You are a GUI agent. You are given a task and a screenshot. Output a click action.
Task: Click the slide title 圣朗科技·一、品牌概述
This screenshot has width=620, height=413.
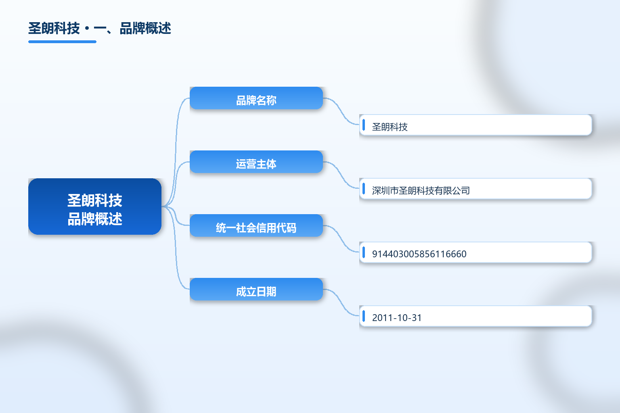pyautogui.click(x=100, y=28)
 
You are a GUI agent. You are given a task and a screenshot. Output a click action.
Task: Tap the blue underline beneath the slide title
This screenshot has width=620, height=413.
pyautogui.click(x=62, y=42)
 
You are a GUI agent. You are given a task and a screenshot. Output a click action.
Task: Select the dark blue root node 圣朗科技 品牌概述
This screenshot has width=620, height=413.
pyautogui.click(x=95, y=206)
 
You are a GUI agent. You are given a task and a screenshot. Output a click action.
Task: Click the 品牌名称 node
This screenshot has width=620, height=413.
pyautogui.click(x=256, y=98)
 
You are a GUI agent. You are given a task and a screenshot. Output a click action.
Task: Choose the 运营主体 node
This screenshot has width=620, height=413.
pyautogui.click(x=256, y=162)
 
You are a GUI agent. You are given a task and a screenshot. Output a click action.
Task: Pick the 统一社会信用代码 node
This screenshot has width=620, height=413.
pyautogui.click(x=256, y=225)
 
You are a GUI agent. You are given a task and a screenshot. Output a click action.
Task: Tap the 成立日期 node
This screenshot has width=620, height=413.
pyautogui.click(x=256, y=289)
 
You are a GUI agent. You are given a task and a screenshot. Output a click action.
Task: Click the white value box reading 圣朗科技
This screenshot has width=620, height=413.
pyautogui.click(x=475, y=125)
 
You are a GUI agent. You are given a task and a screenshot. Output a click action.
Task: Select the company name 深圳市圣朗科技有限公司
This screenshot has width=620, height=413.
pyautogui.click(x=421, y=191)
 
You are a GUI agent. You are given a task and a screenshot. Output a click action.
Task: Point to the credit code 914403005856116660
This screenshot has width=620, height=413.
pyautogui.click(x=419, y=254)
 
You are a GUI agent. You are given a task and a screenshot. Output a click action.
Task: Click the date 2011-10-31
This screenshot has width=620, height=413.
pyautogui.click(x=397, y=317)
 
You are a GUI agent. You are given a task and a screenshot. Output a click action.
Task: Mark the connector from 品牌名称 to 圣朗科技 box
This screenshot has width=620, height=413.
pyautogui.click(x=341, y=111)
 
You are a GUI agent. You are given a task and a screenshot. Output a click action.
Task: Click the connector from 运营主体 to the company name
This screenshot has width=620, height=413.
pyautogui.click(x=341, y=175)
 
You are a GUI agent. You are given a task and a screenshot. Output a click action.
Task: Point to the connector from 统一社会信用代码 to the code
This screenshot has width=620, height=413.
pyautogui.click(x=341, y=238)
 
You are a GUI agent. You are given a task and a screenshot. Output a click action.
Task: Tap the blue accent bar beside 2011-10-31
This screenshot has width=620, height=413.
pyautogui.click(x=364, y=316)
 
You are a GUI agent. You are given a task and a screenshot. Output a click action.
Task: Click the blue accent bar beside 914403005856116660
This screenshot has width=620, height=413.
pyautogui.click(x=364, y=252)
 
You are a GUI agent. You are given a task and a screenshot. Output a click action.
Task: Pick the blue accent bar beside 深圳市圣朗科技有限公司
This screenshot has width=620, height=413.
pyautogui.click(x=364, y=189)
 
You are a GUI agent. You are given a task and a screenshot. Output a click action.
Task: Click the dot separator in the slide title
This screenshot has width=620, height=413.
pyautogui.click(x=87, y=29)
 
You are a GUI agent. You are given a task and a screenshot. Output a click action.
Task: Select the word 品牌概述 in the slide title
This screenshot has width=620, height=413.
pyautogui.click(x=146, y=28)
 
